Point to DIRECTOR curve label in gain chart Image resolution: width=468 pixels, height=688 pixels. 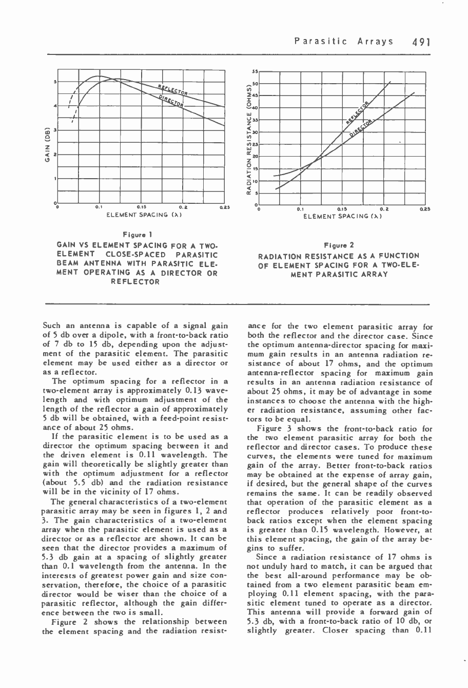point(171,100)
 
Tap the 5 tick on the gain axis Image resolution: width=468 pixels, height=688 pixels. point(55,81)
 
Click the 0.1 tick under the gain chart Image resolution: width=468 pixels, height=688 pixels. point(99,207)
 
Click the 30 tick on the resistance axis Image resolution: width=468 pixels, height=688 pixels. point(255,132)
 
